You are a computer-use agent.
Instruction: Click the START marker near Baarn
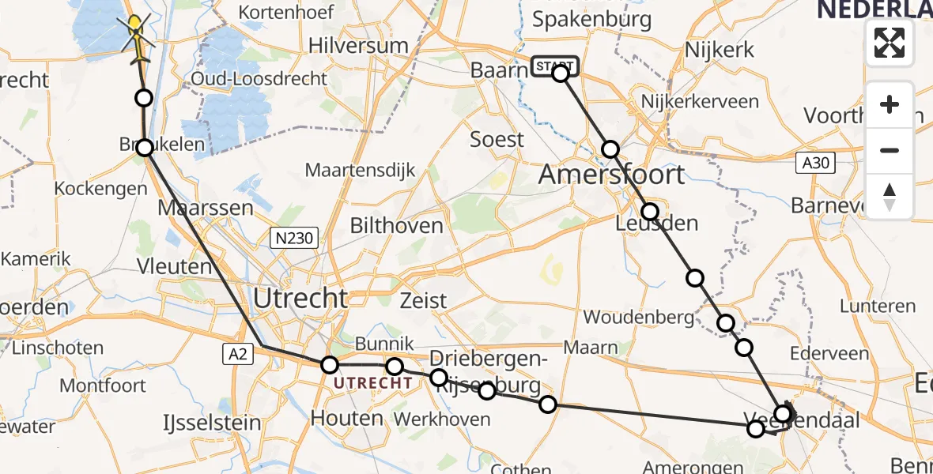coord(555,66)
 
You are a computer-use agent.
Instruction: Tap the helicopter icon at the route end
coord(136,36)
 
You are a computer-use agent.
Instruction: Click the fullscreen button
coord(890,43)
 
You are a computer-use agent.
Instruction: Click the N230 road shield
coord(293,237)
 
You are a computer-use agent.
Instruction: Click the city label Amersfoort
coord(611,175)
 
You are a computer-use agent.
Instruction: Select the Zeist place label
coord(424,300)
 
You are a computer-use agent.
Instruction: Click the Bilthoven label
coord(396,226)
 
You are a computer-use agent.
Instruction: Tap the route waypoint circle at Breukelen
coord(145,148)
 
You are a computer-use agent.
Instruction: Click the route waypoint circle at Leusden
coord(649,212)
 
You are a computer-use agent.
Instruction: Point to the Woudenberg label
coord(638,317)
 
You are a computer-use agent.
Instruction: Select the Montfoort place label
coord(103,386)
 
